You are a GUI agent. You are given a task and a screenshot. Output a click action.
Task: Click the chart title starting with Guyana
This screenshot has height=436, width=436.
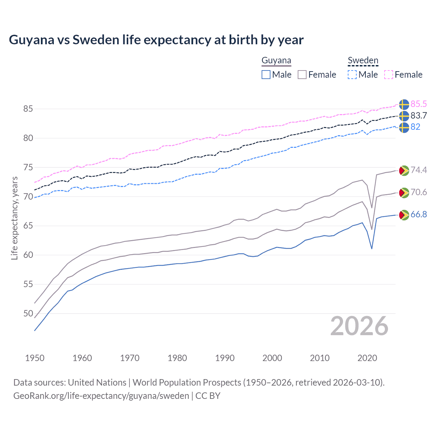click(x=156, y=40)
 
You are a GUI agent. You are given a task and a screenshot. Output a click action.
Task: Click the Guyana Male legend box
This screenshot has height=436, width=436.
click(x=266, y=75)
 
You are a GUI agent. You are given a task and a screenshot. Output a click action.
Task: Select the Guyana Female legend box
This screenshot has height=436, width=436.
click(x=302, y=75)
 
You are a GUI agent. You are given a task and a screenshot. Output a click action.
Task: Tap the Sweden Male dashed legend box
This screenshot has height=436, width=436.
click(x=352, y=75)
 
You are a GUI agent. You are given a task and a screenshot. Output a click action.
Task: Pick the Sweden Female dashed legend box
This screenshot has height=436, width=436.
click(x=389, y=75)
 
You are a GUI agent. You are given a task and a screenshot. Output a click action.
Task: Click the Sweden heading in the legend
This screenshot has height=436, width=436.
click(x=363, y=61)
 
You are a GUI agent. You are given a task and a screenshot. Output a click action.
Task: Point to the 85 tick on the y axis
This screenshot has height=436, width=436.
click(x=28, y=109)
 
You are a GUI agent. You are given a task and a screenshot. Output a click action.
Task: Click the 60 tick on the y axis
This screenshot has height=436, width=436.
click(x=28, y=255)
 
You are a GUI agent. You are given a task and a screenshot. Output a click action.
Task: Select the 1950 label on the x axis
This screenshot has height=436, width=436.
click(x=35, y=358)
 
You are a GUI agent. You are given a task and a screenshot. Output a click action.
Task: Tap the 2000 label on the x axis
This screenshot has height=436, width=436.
click(x=272, y=358)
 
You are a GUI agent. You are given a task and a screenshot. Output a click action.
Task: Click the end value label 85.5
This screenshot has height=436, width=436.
click(x=419, y=104)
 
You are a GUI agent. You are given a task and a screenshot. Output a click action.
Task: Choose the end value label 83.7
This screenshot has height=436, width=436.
click(x=419, y=115)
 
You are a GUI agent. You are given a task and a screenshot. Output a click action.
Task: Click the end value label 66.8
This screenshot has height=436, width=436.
click(x=419, y=214)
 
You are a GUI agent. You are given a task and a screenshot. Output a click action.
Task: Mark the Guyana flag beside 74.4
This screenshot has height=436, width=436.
click(x=404, y=170)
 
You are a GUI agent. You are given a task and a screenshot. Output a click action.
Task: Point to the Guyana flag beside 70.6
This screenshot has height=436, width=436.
click(x=404, y=193)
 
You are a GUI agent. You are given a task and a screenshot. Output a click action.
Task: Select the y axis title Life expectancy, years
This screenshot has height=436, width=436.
click(x=14, y=218)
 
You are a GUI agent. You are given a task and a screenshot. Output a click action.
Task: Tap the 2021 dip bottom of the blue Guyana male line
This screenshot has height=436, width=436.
click(x=372, y=248)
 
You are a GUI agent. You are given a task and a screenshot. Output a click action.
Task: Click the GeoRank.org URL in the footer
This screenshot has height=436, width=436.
click(x=101, y=396)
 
